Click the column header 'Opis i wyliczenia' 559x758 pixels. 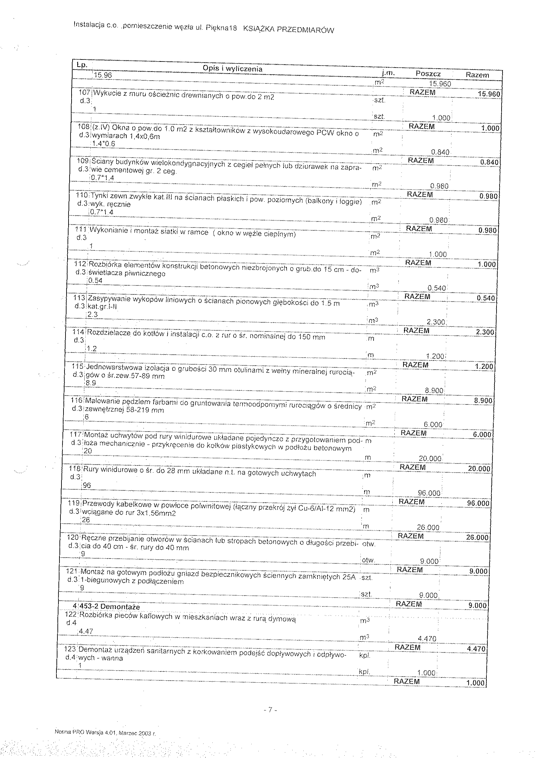pyautogui.click(x=232, y=69)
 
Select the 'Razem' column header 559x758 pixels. pyautogui.click(x=477, y=75)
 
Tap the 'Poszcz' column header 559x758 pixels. pyautogui.click(x=428, y=74)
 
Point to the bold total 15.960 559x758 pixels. pyautogui.click(x=488, y=94)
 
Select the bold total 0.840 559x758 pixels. pyautogui.click(x=489, y=162)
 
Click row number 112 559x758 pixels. pyautogui.click(x=81, y=264)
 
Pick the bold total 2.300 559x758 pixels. pyautogui.click(x=485, y=332)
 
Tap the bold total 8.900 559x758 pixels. pyautogui.click(x=483, y=400)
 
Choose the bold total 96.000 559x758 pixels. pyautogui.click(x=478, y=503)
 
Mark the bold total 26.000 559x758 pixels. pyautogui.click(x=477, y=537)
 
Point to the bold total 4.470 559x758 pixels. pyautogui.click(x=476, y=649)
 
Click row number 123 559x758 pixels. pyautogui.click(x=71, y=649)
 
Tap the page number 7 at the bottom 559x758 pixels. pyautogui.click(x=270, y=710)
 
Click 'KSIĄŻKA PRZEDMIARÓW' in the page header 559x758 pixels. pyautogui.click(x=289, y=30)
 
